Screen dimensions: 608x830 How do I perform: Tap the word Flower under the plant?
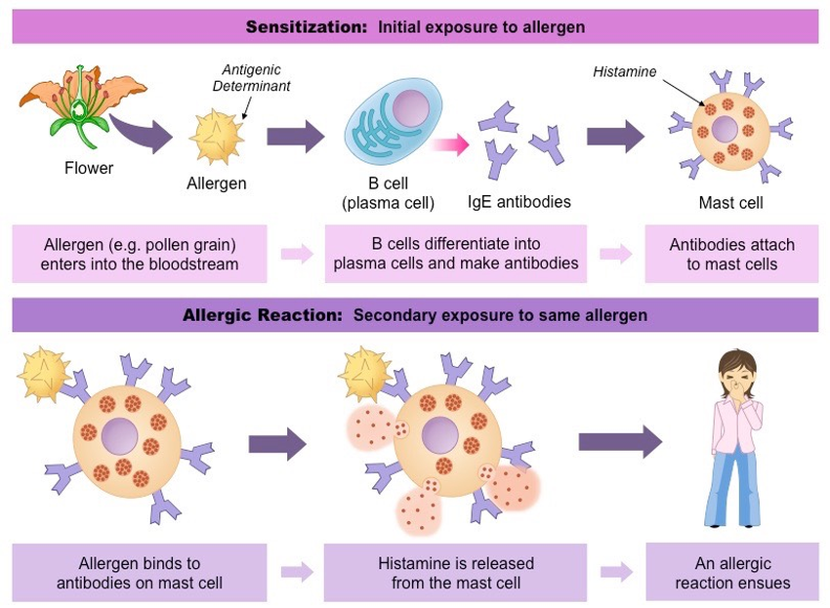pos(89,168)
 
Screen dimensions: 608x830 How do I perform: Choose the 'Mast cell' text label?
pos(730,203)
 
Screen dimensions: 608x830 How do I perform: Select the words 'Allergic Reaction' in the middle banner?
pos(263,316)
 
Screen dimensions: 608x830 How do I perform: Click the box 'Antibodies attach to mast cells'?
pos(732,254)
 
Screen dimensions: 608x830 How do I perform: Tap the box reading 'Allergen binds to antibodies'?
pos(139,573)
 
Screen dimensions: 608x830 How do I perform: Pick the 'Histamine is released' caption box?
pos(455,573)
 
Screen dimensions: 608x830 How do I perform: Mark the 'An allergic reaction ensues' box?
pos(732,573)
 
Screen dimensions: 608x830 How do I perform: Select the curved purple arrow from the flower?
pos(137,132)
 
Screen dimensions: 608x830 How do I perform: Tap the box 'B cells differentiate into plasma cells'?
pos(455,254)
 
